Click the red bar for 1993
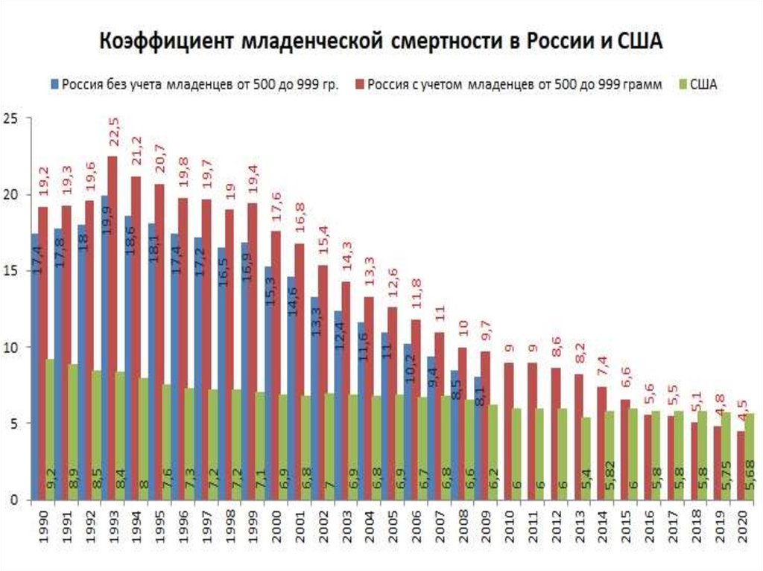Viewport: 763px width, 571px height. coord(113,328)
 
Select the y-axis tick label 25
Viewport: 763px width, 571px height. coord(10,118)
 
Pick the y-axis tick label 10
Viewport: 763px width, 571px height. coord(10,348)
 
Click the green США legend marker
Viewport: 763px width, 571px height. coord(682,84)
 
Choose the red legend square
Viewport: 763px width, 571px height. coord(361,84)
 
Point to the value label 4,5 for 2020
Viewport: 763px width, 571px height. coord(741,413)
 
